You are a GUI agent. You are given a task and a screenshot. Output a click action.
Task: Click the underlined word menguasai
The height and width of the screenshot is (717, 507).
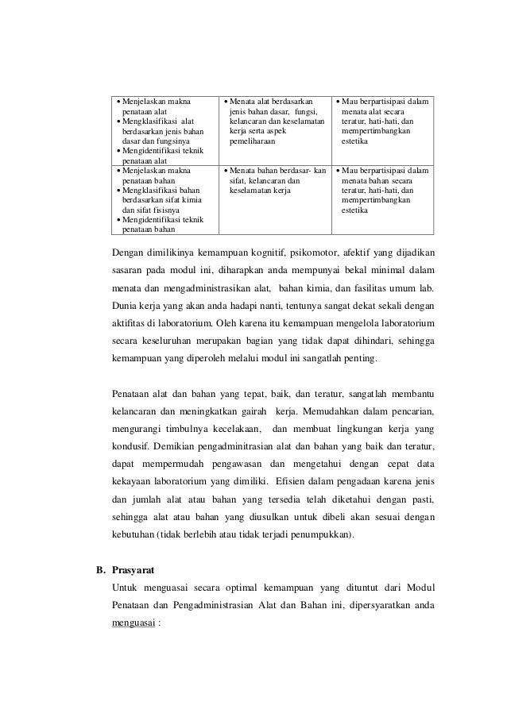click(134, 623)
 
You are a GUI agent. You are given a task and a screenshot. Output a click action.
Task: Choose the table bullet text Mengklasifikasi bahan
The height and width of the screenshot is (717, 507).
click(160, 191)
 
